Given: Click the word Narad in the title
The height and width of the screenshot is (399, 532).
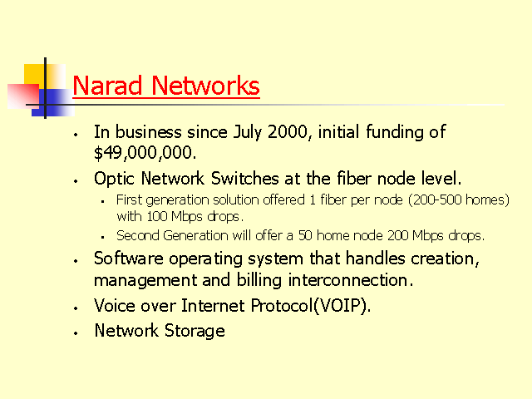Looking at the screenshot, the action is [107, 86].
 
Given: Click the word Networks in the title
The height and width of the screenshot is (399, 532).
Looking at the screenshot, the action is [205, 86].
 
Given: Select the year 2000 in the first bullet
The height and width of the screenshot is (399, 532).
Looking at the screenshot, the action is [288, 131].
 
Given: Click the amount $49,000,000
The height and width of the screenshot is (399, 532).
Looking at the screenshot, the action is [145, 153].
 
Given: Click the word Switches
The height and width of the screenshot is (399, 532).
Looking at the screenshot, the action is [245, 179].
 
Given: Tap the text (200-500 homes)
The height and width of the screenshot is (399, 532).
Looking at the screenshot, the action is [459, 199].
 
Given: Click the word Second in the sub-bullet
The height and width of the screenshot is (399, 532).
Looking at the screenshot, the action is [138, 235].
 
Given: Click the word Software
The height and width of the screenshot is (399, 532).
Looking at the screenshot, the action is [129, 259].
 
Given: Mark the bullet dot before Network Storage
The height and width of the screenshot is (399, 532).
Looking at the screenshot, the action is [76, 333].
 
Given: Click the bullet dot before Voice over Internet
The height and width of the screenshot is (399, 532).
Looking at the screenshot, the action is [76, 308].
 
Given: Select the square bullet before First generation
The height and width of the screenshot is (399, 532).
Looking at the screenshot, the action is [102, 202].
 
